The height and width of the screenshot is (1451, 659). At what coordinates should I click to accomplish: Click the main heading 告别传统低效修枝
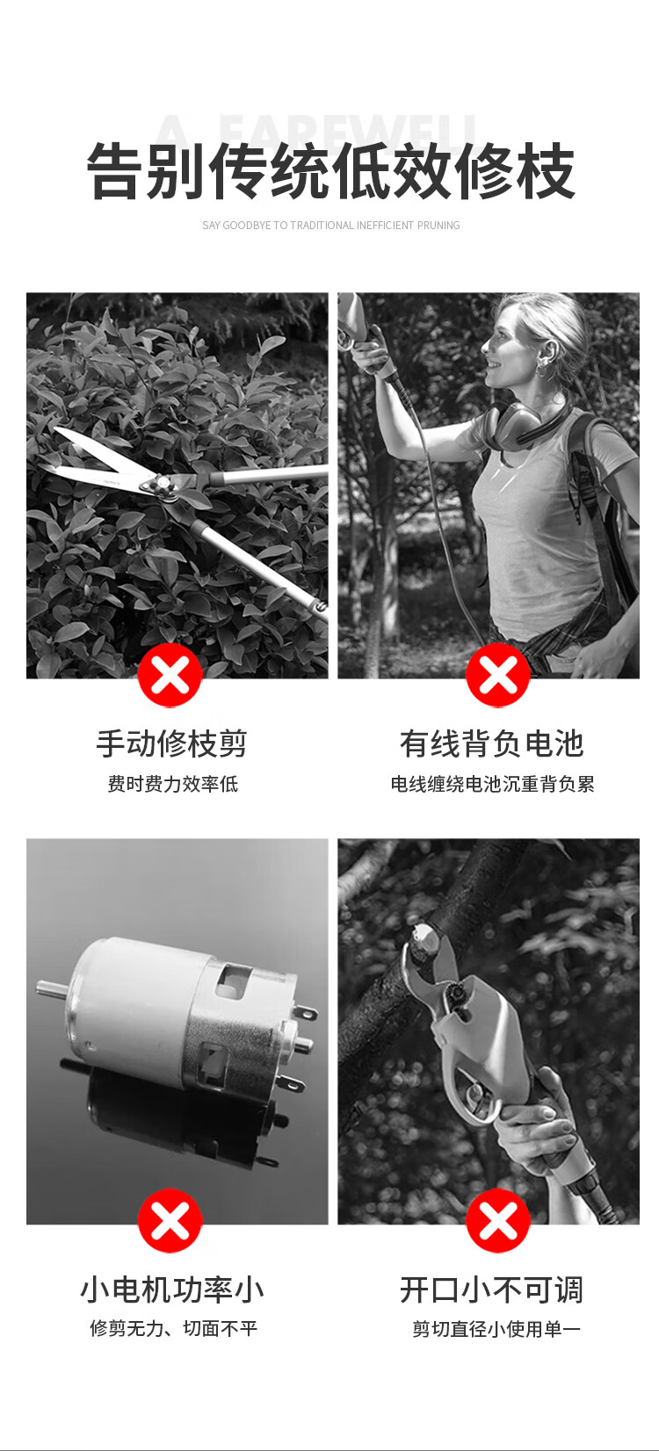click(x=330, y=171)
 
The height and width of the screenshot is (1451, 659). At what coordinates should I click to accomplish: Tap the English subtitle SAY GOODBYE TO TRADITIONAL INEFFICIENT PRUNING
click(x=330, y=226)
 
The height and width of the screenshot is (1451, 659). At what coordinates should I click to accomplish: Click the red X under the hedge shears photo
click(x=170, y=675)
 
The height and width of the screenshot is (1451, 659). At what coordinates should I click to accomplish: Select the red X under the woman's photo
click(x=498, y=675)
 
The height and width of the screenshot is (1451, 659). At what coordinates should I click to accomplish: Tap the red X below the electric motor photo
click(x=170, y=1221)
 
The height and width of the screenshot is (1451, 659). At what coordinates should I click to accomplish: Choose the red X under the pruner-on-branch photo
click(x=498, y=1221)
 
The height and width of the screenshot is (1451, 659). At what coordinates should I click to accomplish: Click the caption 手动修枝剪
click(x=172, y=743)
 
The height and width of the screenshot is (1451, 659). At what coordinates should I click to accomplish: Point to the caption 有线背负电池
click(x=492, y=743)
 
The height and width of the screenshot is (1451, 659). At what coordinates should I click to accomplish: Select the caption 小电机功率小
click(x=172, y=1289)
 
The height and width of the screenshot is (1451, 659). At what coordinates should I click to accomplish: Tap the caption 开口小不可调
click(x=492, y=1289)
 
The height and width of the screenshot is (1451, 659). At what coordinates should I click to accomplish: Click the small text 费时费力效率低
click(x=172, y=784)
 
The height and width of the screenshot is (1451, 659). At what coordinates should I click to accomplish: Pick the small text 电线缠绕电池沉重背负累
click(x=492, y=784)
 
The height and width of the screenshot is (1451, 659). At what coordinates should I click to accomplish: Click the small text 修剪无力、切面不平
click(x=174, y=1329)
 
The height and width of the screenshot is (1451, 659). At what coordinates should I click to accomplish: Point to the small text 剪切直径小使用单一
click(x=496, y=1329)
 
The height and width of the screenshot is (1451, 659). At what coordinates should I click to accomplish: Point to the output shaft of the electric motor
click(x=51, y=988)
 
